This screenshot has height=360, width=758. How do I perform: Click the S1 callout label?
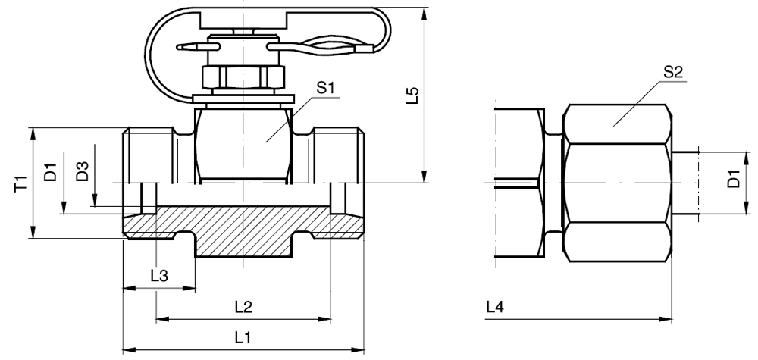[x=327, y=88]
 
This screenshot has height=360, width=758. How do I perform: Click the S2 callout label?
[x=672, y=73]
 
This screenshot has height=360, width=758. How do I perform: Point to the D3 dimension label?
[x=83, y=171]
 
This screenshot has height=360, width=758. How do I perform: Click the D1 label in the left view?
[x=51, y=171]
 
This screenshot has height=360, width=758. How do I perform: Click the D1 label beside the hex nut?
[x=734, y=182]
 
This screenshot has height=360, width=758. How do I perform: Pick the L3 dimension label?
[x=159, y=276]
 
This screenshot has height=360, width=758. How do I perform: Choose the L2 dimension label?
[x=243, y=307]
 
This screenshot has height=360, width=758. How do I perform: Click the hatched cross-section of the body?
[x=243, y=231]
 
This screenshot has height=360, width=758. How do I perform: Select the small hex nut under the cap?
[x=243, y=77]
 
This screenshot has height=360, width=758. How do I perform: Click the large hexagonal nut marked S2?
[x=618, y=182]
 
